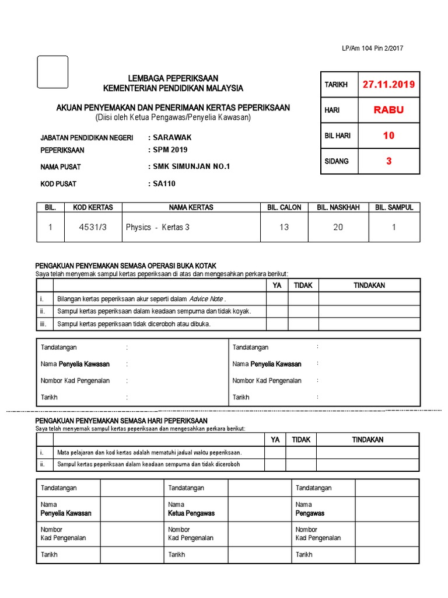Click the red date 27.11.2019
point(388,84)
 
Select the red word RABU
point(388,110)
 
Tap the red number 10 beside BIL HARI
point(388,135)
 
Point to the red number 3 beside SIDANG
point(388,161)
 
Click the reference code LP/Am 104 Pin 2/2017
point(372,48)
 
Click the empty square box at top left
point(52,72)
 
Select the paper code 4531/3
point(93,227)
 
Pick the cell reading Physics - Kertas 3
point(157,227)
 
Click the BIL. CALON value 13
point(283,227)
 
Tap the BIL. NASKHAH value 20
point(338,227)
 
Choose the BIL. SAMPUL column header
point(394,207)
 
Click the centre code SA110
point(164,183)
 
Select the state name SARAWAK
point(172,138)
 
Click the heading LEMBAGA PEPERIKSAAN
point(173,78)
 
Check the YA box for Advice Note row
point(277,299)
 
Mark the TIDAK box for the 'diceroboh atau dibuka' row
point(303,324)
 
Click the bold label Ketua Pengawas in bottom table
point(191,513)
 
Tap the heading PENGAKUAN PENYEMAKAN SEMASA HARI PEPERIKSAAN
point(121,420)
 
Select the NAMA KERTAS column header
point(191,207)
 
